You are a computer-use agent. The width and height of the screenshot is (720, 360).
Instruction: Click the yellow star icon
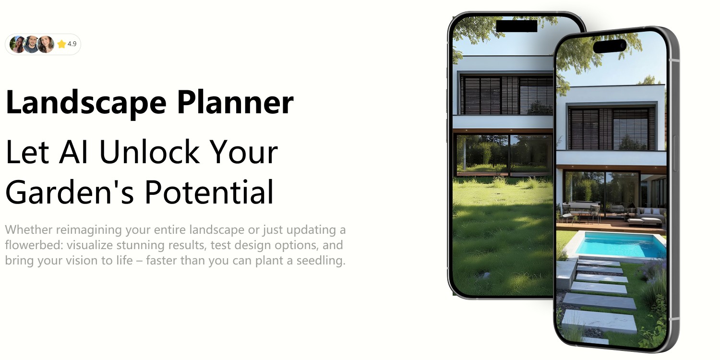tap(61, 44)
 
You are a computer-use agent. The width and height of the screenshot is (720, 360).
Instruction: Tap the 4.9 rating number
tap(72, 44)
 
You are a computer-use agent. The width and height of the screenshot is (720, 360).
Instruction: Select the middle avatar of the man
tap(32, 44)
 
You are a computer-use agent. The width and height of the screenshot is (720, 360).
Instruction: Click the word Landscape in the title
tap(86, 103)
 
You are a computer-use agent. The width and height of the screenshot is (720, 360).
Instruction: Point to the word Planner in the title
tap(235, 102)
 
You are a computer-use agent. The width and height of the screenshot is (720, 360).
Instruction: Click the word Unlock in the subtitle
tap(149, 152)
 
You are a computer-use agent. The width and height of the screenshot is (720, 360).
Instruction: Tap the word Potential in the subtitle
tap(209, 192)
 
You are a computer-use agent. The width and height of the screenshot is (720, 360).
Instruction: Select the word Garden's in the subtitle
tap(70, 192)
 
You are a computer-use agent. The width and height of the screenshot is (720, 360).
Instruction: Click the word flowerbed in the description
tap(34, 245)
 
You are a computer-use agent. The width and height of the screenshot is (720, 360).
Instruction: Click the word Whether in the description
tap(29, 229)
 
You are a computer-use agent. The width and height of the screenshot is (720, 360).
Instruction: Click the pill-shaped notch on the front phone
tap(610, 46)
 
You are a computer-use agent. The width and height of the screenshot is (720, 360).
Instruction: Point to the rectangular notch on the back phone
tap(516, 26)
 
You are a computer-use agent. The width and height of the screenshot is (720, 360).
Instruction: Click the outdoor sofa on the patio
tap(647, 216)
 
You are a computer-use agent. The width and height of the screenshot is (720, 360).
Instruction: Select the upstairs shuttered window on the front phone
tap(612, 129)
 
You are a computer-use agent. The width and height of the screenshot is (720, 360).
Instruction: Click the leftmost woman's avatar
tap(18, 44)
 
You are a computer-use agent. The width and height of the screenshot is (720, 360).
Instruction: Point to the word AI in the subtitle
tap(73, 152)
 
